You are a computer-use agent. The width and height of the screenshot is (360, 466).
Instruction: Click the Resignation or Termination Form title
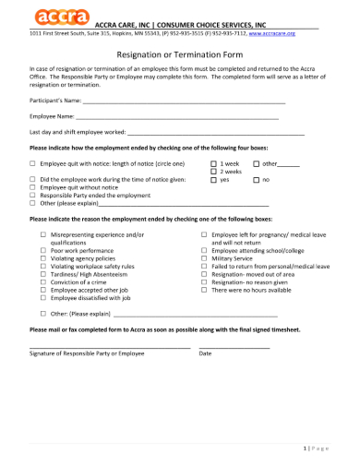(x=181, y=54)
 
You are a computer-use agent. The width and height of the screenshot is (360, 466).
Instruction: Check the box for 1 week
(x=214, y=162)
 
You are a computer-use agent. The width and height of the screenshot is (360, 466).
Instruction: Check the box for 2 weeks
(x=214, y=171)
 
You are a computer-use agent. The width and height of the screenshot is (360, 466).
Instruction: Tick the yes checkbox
(x=214, y=179)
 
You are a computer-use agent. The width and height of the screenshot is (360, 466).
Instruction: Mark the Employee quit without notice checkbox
(x=33, y=187)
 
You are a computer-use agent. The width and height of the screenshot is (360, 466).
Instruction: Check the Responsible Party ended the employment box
(x=33, y=196)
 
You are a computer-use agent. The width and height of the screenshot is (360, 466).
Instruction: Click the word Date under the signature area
(x=205, y=353)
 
